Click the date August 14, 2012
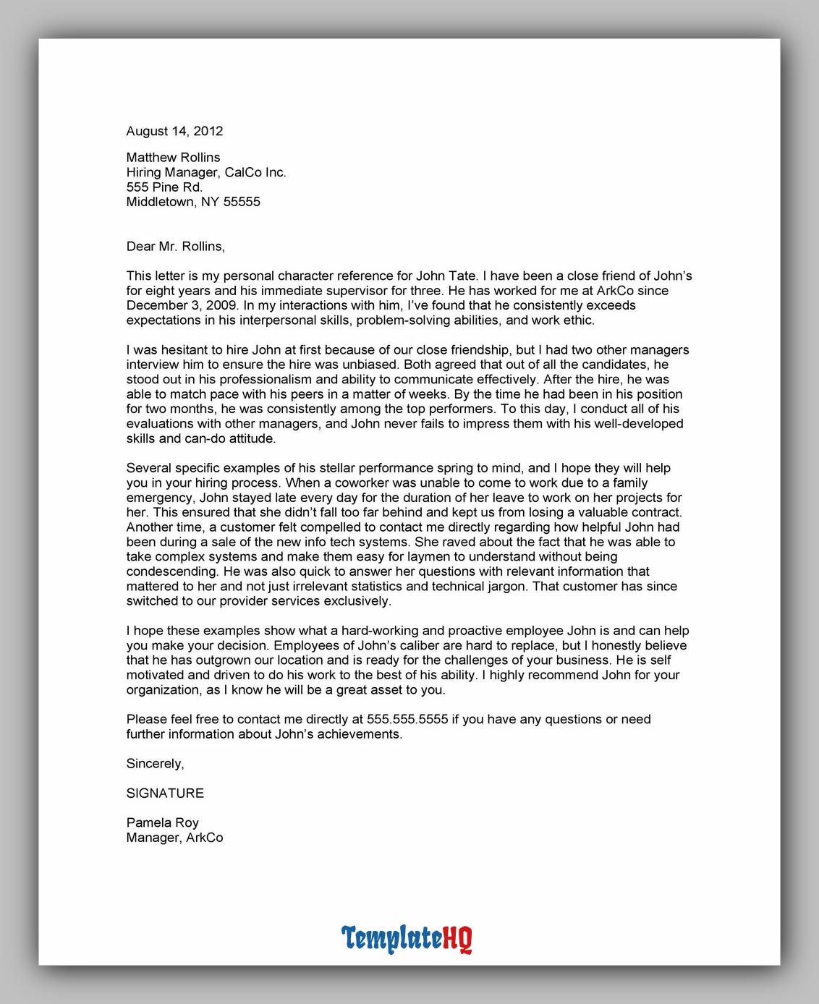click(x=174, y=131)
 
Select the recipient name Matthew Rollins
click(x=173, y=157)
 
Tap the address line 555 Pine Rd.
click(x=164, y=187)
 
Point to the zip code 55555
click(x=242, y=202)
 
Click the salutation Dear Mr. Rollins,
click(x=175, y=246)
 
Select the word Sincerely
click(x=154, y=763)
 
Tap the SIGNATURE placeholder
click(x=165, y=793)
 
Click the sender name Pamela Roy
click(x=162, y=822)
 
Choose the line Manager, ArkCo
click(x=174, y=838)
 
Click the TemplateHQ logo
click(x=407, y=938)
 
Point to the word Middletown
click(x=159, y=202)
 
